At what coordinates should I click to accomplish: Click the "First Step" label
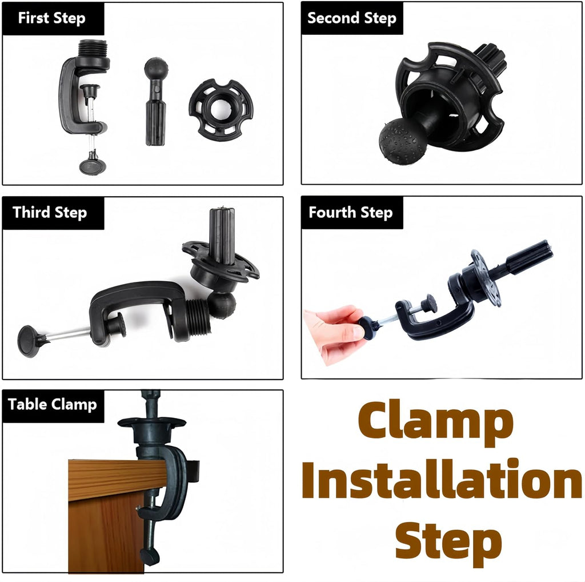coord(52,18)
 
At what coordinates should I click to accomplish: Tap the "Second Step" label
coord(351,18)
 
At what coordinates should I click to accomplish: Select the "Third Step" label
coord(50,213)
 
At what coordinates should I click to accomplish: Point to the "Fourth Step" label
coord(351,213)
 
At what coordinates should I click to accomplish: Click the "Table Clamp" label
coord(52,405)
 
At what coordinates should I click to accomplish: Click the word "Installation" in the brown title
coord(442,480)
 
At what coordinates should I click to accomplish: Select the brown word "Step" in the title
coord(448,543)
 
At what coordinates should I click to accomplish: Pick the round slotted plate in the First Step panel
coord(221,110)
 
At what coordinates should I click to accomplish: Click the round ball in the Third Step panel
coord(222,305)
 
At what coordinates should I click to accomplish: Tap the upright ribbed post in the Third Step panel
coord(222,236)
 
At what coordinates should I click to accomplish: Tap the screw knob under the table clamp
coord(150,557)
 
